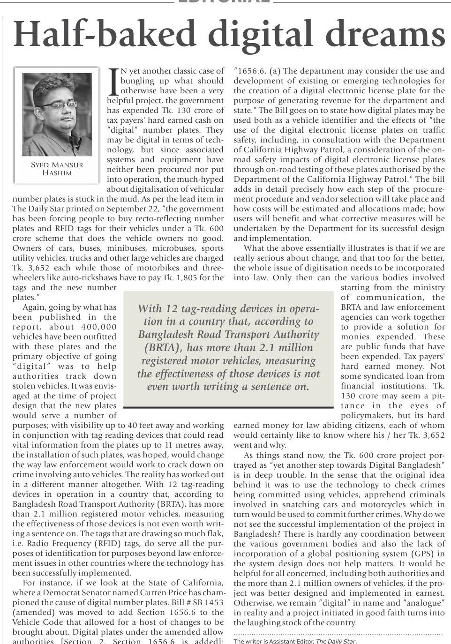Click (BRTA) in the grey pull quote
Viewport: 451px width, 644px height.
(x=163, y=348)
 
